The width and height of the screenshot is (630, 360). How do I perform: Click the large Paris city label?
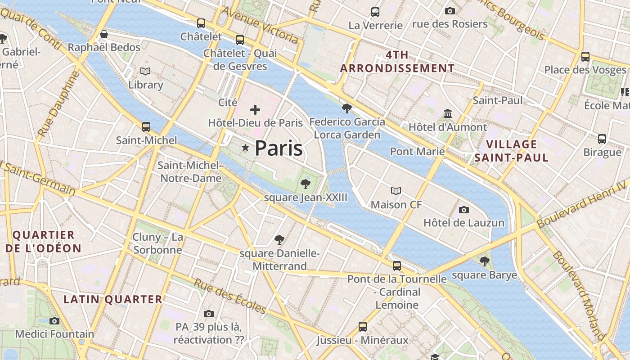(279, 148)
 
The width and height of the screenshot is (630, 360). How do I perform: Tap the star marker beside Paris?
(245, 148)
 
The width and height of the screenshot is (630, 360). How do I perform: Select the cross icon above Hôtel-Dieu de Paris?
(255, 109)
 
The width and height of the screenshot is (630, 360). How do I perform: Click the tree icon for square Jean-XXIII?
(306, 184)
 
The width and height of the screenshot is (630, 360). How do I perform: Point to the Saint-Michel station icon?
(146, 127)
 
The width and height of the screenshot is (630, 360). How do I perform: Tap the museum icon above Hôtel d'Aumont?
(448, 113)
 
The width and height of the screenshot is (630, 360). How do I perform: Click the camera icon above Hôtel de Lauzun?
(464, 210)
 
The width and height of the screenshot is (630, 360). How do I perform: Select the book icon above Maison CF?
(396, 191)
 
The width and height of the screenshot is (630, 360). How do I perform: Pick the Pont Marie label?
(417, 151)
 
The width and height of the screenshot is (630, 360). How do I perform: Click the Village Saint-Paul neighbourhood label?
(511, 151)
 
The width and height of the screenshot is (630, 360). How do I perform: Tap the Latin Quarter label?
(112, 299)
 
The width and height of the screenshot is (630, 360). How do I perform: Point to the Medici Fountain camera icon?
(54, 321)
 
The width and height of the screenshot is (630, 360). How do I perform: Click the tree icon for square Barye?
(484, 261)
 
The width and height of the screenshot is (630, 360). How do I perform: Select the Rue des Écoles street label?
(230, 296)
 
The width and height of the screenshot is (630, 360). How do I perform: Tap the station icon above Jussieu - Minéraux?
(362, 326)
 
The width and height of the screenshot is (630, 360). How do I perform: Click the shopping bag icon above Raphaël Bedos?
(104, 34)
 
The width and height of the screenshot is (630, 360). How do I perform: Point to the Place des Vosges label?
(585, 70)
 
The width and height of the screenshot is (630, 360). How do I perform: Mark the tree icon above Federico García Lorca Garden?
(346, 108)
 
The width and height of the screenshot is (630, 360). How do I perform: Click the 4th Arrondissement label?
(397, 62)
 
